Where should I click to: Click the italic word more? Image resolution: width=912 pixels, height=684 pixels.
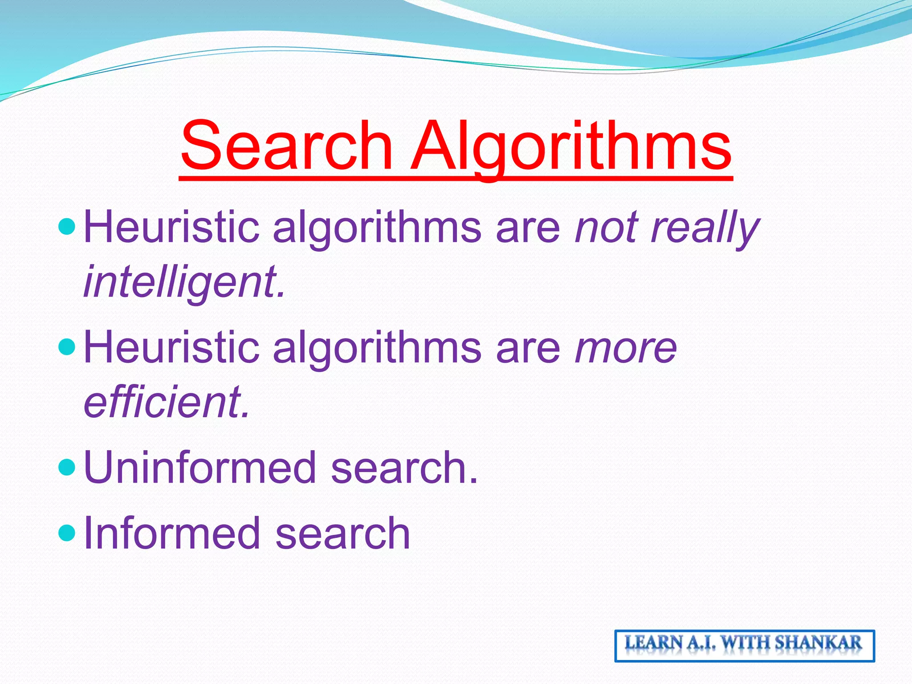pos(626,347)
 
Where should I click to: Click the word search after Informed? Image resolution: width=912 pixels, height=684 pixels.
pos(343,533)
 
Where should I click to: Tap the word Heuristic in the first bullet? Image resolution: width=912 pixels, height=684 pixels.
pos(171,227)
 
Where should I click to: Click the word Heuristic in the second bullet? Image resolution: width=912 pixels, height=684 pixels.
pos(171,347)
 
